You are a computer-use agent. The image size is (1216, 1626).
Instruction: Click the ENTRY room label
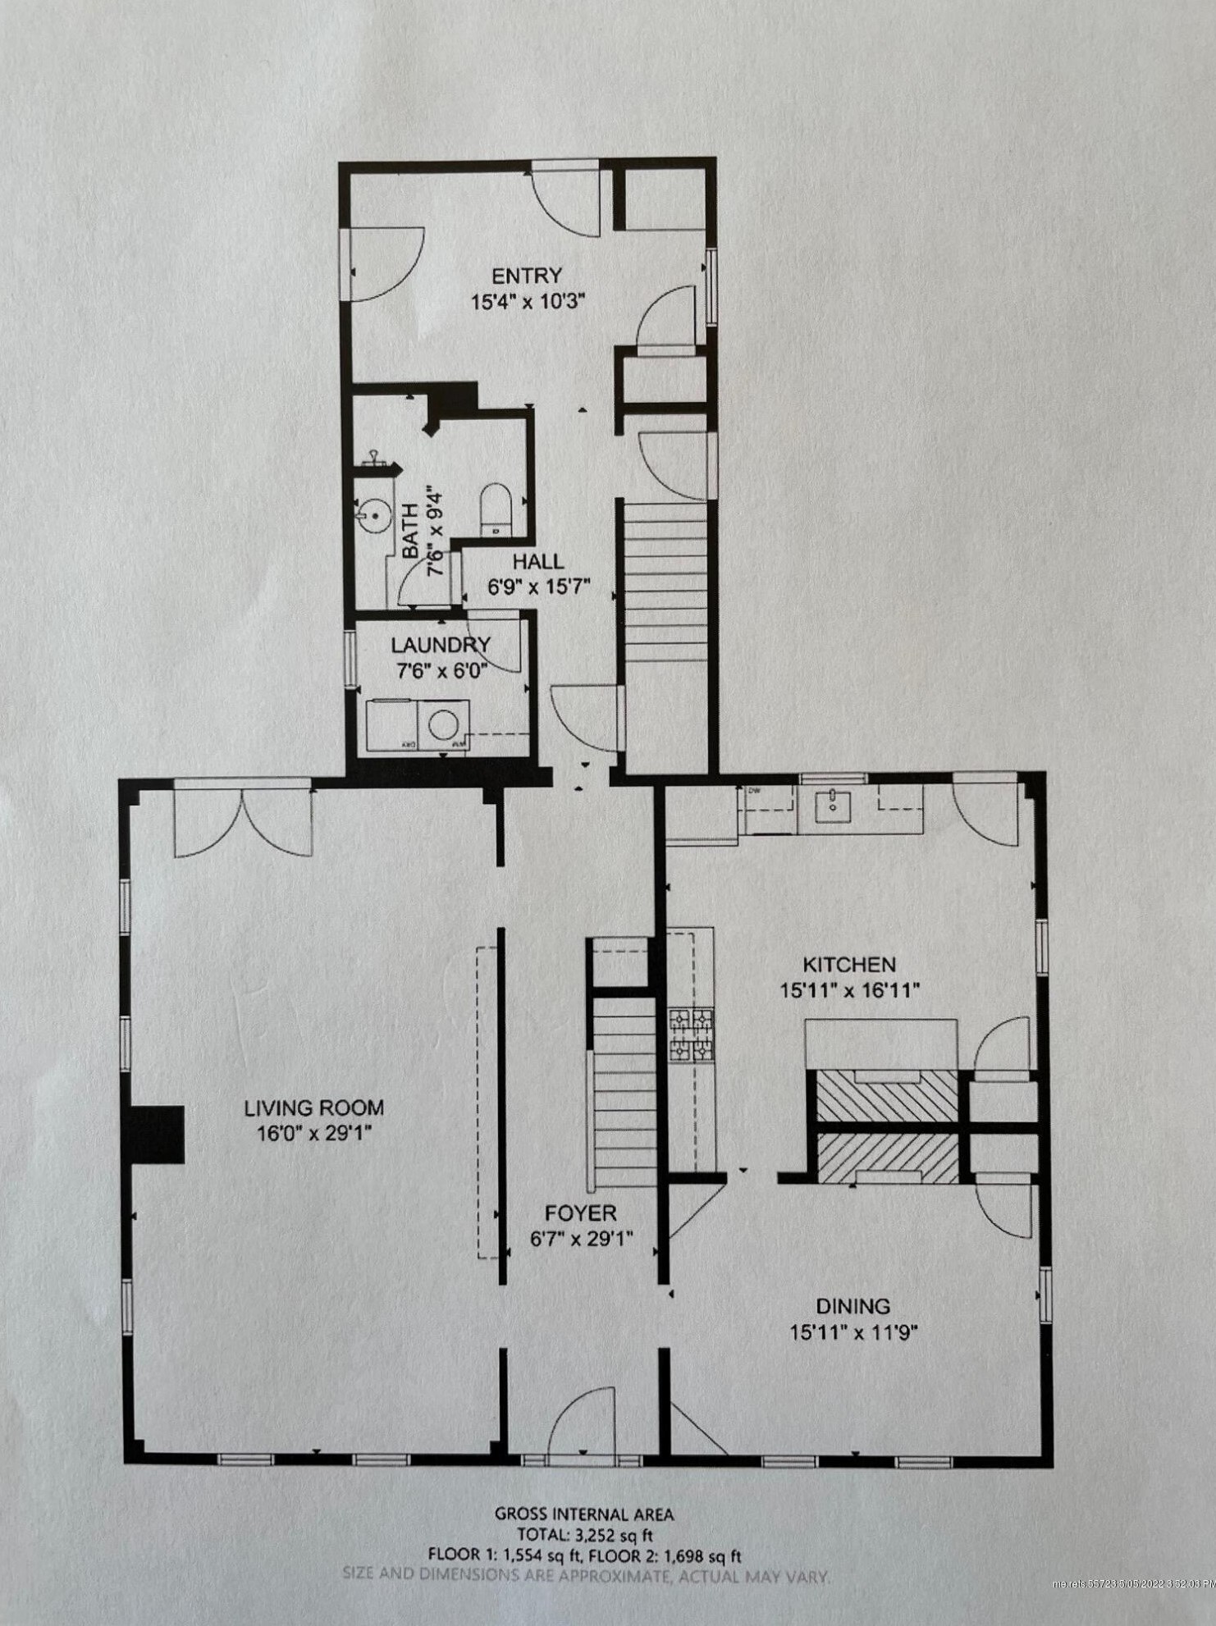(x=526, y=276)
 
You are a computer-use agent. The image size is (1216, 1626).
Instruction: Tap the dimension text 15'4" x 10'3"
(x=526, y=302)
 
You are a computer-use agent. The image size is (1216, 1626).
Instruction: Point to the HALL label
(x=538, y=562)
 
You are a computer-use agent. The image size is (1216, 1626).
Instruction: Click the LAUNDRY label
(x=441, y=645)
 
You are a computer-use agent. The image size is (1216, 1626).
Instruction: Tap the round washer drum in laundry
(x=444, y=724)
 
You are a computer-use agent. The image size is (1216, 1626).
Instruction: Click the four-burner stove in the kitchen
(x=690, y=1035)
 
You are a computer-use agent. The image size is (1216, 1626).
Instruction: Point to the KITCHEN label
(x=848, y=964)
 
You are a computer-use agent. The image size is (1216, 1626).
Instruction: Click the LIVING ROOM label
(x=313, y=1108)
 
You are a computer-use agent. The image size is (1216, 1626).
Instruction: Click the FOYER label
(x=580, y=1213)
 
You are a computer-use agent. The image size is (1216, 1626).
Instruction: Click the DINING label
(x=853, y=1305)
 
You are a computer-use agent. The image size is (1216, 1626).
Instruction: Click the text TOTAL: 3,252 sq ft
(x=584, y=1534)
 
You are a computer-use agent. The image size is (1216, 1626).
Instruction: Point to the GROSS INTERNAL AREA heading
(x=584, y=1514)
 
